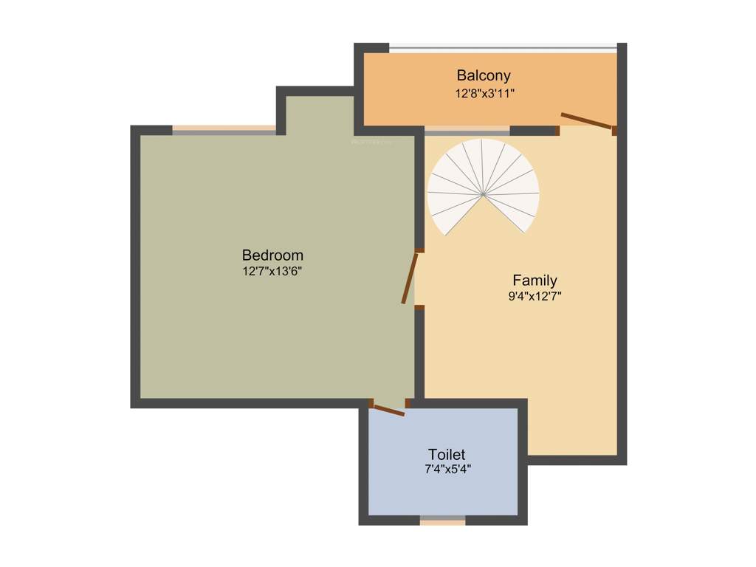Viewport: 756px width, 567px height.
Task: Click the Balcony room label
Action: pyautogui.click(x=484, y=75)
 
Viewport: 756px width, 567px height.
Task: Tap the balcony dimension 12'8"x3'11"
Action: pyautogui.click(x=484, y=94)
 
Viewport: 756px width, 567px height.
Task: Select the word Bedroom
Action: pyautogui.click(x=272, y=255)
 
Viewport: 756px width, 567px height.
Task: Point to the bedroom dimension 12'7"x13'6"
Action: pyautogui.click(x=272, y=271)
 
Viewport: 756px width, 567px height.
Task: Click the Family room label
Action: pyautogui.click(x=535, y=281)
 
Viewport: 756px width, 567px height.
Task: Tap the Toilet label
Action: pyautogui.click(x=447, y=454)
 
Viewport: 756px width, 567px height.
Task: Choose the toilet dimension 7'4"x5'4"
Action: pyautogui.click(x=447, y=469)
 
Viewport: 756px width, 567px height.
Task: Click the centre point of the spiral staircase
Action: pyautogui.click(x=483, y=194)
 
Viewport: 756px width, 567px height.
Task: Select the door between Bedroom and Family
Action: pyautogui.click(x=411, y=278)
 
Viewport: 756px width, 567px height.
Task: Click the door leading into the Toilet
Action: pyautogui.click(x=388, y=409)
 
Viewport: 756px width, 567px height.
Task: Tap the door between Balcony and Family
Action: pyautogui.click(x=586, y=121)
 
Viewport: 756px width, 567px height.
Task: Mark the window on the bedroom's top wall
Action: pyautogui.click(x=224, y=129)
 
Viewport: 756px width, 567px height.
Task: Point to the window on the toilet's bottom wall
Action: pyautogui.click(x=443, y=520)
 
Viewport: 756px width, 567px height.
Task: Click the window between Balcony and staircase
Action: pyautogui.click(x=467, y=131)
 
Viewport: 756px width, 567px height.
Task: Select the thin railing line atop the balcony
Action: pyautogui.click(x=502, y=49)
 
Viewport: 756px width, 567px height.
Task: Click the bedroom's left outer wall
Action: pyautogui.click(x=135, y=266)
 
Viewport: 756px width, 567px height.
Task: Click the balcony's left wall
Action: pyautogui.click(x=359, y=89)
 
